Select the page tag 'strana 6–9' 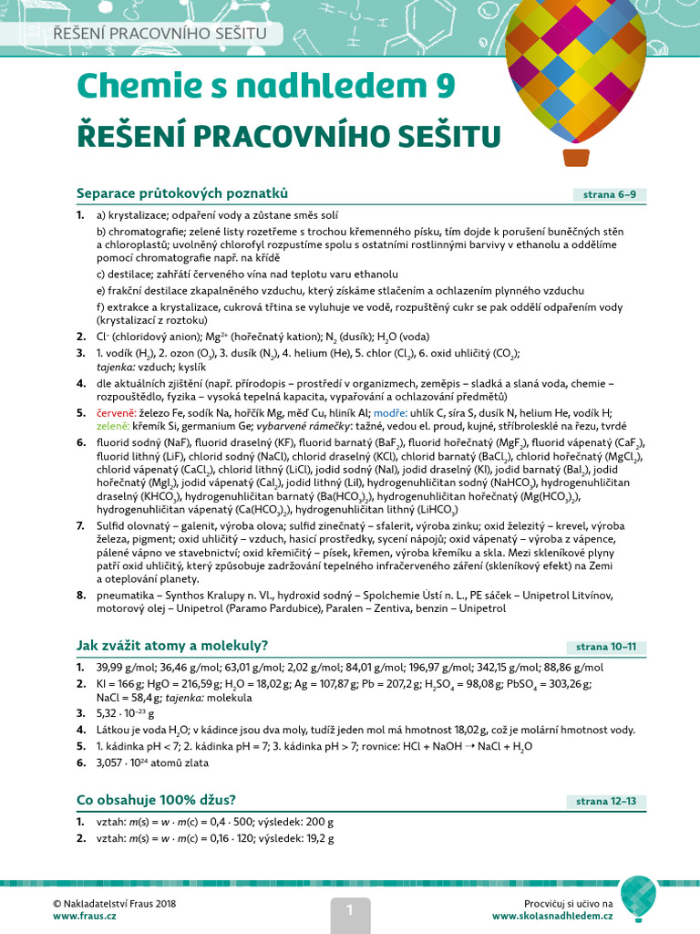pyautogui.click(x=610, y=194)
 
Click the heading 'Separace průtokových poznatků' pyautogui.click(x=181, y=192)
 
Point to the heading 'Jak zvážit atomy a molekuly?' pyautogui.click(x=171, y=646)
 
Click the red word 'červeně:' pyautogui.click(x=118, y=412)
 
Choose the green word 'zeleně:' pyautogui.click(x=116, y=427)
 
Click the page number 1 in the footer pyautogui.click(x=348, y=908)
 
